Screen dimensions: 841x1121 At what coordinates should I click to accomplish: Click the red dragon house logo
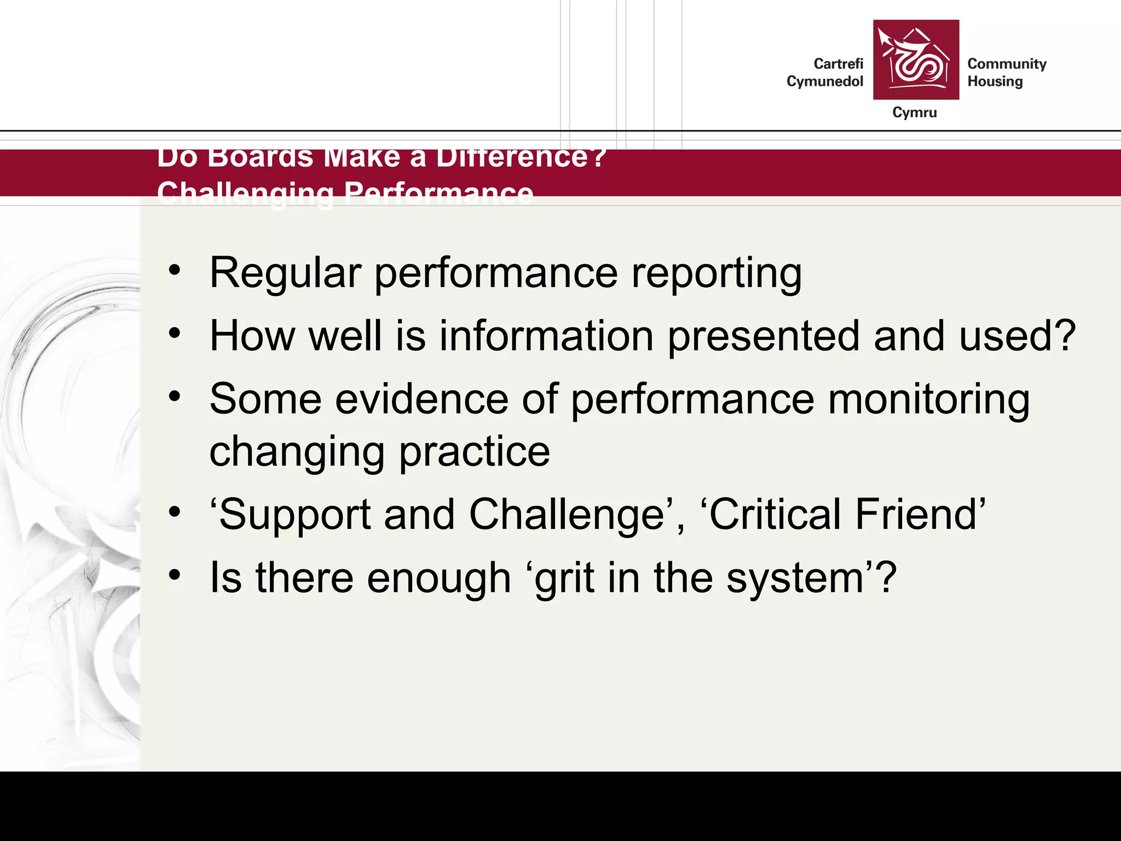coord(916,60)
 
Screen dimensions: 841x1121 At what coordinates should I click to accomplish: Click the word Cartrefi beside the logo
coord(838,64)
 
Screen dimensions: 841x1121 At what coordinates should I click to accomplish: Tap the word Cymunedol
coord(824,82)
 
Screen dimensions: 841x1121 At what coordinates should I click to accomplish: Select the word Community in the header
coord(1007,64)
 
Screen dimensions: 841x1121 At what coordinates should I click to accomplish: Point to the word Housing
coord(995,82)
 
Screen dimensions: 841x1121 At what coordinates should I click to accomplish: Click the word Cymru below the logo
coord(914,113)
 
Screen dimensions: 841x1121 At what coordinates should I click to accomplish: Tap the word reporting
coord(716,274)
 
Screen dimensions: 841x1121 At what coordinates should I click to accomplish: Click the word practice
coord(474,453)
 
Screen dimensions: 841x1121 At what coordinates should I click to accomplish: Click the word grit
coord(564,579)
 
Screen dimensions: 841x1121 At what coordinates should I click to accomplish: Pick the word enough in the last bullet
coord(438,579)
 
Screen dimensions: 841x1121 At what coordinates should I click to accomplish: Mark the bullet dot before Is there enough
coord(175,575)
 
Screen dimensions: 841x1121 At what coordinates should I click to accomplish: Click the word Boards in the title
coord(260,158)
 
